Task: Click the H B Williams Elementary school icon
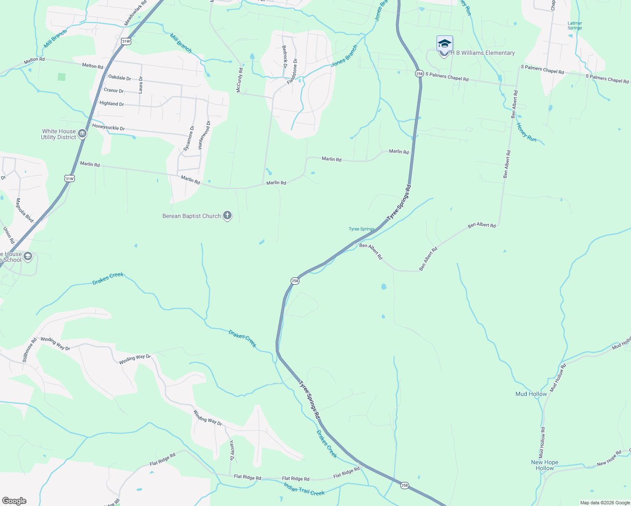[445, 45]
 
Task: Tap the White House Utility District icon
[82, 134]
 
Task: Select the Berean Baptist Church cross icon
[227, 216]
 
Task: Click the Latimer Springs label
[574, 26]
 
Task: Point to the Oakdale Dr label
[120, 78]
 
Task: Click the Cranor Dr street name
[114, 91]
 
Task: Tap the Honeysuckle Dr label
[108, 127]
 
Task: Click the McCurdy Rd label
[239, 80]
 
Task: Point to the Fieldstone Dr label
[292, 71]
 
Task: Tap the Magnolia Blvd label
[24, 210]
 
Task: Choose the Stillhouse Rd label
[30, 350]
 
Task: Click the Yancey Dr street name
[232, 450]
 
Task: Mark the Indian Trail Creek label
[304, 490]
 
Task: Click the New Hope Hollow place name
[545, 465]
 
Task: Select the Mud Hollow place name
[531, 394]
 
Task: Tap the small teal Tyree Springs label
[361, 229]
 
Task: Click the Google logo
[14, 501]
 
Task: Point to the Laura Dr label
[141, 85]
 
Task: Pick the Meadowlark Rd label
[135, 13]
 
